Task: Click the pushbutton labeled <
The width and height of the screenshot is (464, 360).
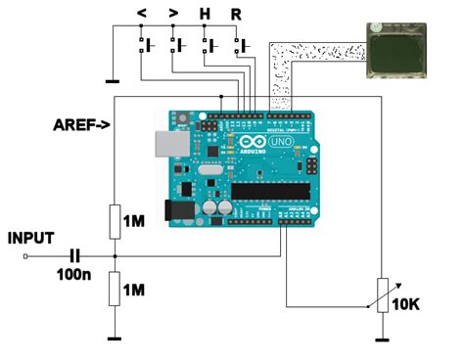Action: click(x=148, y=44)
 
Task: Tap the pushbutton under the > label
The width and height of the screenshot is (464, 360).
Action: click(x=177, y=44)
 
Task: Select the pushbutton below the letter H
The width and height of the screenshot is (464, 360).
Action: click(x=209, y=44)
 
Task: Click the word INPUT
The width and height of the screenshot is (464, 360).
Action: click(x=30, y=238)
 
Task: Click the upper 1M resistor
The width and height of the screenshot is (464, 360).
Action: click(x=115, y=221)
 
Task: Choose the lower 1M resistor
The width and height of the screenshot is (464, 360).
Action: click(x=115, y=289)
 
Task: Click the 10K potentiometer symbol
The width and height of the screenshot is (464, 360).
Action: click(x=381, y=294)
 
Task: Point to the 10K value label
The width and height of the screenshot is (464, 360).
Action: click(x=406, y=304)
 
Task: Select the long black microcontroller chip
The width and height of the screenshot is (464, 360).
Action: click(x=270, y=190)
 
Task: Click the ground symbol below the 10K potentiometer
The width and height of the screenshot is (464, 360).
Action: click(x=381, y=338)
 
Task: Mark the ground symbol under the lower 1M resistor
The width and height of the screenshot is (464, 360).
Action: click(x=115, y=338)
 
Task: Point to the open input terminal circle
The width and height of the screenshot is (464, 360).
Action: click(x=23, y=256)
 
